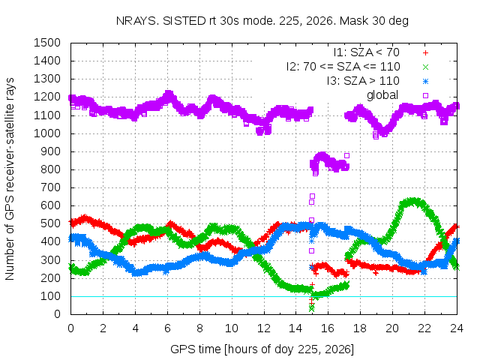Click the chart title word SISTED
pyautogui.click(x=184, y=21)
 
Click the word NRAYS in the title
pyautogui.click(x=137, y=21)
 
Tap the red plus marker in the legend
pyautogui.click(x=425, y=53)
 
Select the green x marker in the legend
pyautogui.click(x=425, y=67)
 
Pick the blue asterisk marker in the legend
pyautogui.click(x=425, y=82)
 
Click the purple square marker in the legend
pyautogui.click(x=425, y=95)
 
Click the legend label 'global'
pyautogui.click(x=382, y=95)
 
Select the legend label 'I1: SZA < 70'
pyautogui.click(x=367, y=52)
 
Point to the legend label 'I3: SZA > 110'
pyautogui.click(x=363, y=81)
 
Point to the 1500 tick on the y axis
pyautogui.click(x=46, y=43)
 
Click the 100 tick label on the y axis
pyautogui.click(x=50, y=296)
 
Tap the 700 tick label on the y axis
pyautogui.click(x=50, y=187)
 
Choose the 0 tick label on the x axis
pyautogui.click(x=70, y=328)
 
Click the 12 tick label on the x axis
pyautogui.click(x=263, y=328)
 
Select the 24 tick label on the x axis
pyautogui.click(x=457, y=328)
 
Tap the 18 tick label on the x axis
pyautogui.click(x=360, y=328)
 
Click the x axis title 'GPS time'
pyautogui.click(x=195, y=349)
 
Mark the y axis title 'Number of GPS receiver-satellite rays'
pyautogui.click(x=10, y=178)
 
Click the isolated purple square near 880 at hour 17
pyautogui.click(x=346, y=156)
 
